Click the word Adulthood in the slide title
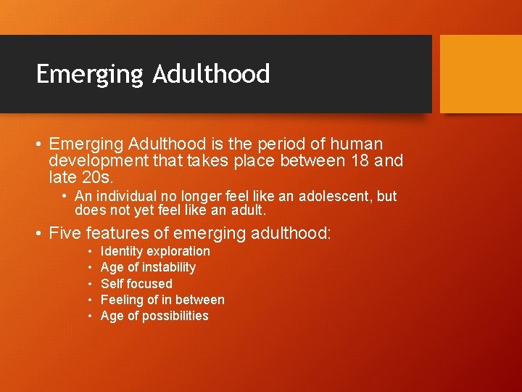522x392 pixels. (x=211, y=73)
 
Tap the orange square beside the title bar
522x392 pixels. (x=481, y=74)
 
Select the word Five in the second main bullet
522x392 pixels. (x=65, y=233)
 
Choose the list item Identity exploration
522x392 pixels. (x=155, y=251)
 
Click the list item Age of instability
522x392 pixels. (x=148, y=267)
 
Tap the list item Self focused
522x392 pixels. (x=136, y=284)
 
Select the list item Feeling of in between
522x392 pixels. (x=162, y=300)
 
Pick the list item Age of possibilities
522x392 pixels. (x=154, y=316)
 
